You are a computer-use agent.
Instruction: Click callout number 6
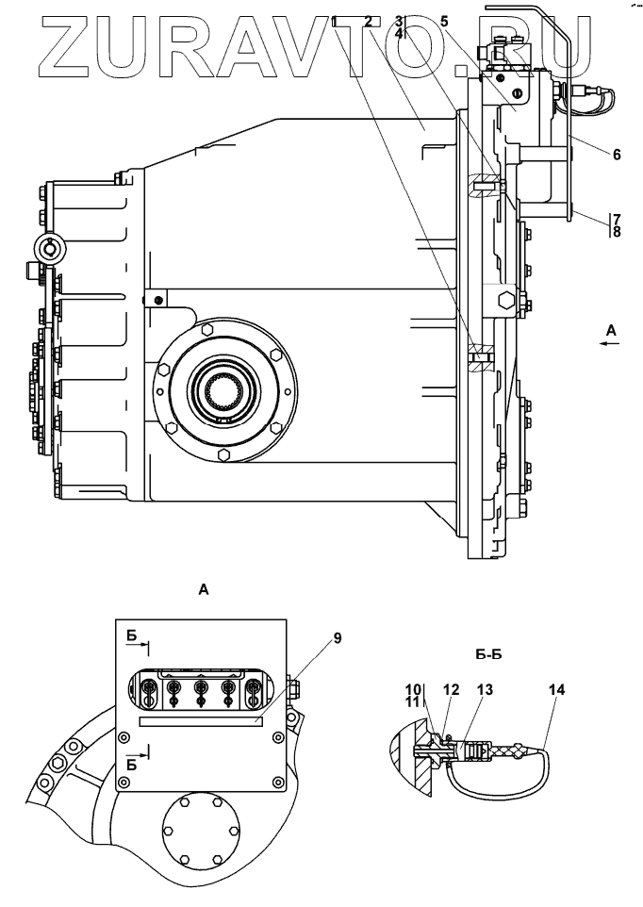click(x=616, y=155)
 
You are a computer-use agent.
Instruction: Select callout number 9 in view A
click(x=337, y=637)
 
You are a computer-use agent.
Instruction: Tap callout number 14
click(x=556, y=690)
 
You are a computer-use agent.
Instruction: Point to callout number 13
click(x=484, y=690)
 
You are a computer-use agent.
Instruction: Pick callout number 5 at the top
click(x=444, y=20)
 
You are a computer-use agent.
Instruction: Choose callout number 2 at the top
click(x=369, y=20)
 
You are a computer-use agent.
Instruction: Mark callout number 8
click(x=616, y=231)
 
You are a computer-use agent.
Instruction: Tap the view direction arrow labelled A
click(x=611, y=344)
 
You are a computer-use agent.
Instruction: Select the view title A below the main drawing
click(x=202, y=589)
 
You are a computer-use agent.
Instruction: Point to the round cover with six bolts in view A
click(x=200, y=831)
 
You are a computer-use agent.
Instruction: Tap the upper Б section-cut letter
click(x=131, y=637)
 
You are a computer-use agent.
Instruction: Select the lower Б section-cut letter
click(x=131, y=766)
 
